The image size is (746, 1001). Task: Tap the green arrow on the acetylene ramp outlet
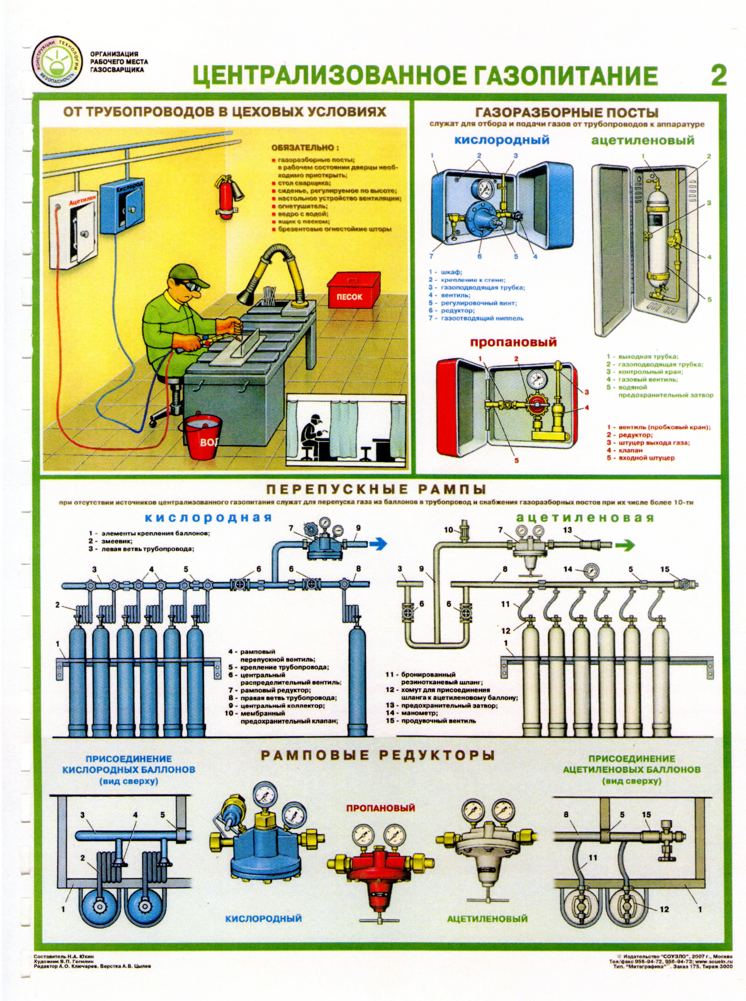click(625, 545)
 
